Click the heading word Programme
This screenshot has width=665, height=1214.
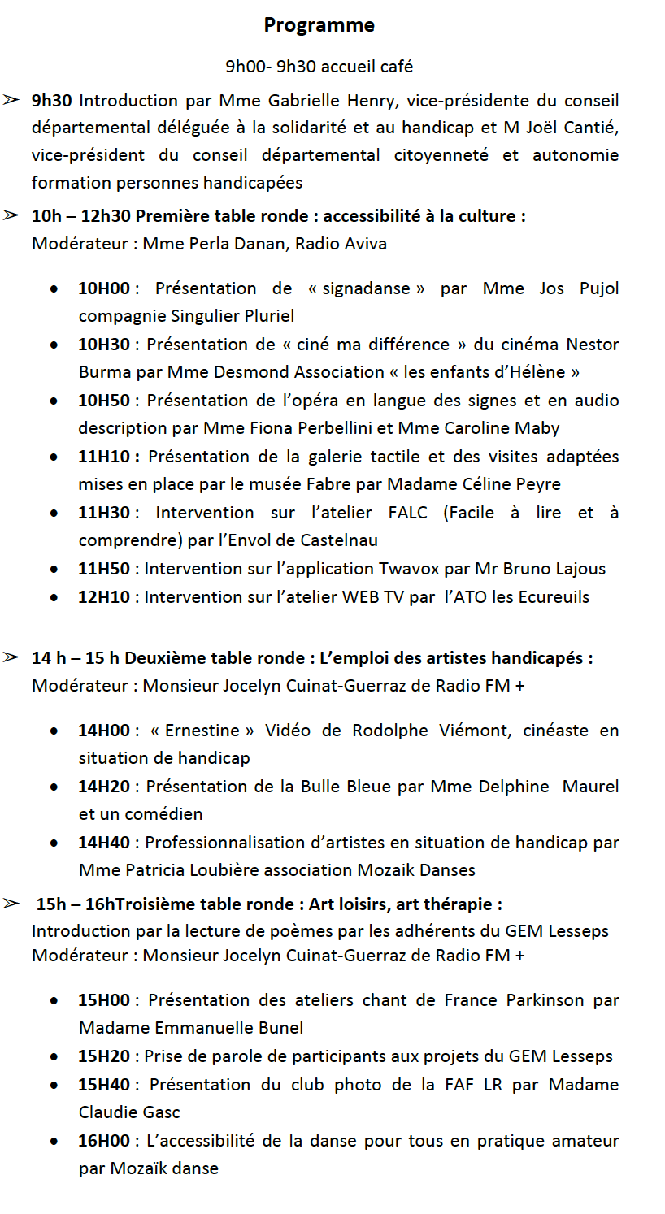click(319, 25)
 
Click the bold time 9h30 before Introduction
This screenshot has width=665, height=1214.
click(52, 101)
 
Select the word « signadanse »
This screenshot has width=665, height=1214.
click(366, 288)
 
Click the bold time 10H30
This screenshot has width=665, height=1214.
click(104, 345)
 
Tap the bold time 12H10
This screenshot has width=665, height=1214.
click(104, 597)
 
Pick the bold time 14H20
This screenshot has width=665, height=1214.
click(104, 787)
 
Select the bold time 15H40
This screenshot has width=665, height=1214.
click(104, 1085)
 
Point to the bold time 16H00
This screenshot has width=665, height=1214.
click(104, 1141)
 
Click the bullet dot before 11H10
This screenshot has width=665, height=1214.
click(53, 457)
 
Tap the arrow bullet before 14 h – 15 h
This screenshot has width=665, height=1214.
click(11, 657)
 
